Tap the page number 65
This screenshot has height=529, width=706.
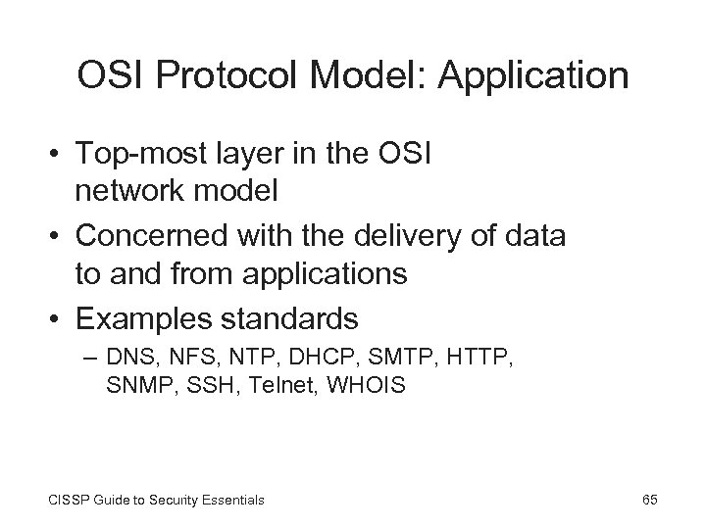(x=649, y=500)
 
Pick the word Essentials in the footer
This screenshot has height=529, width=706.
(x=228, y=501)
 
